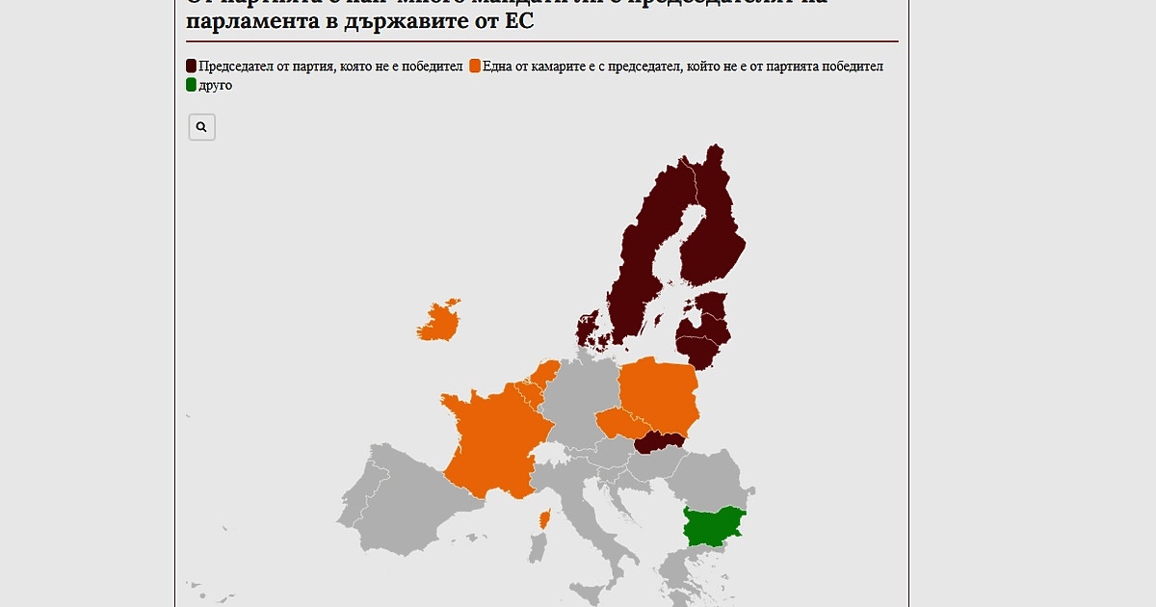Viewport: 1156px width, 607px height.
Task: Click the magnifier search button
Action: (201, 127)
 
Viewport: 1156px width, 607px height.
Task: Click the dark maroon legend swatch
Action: (192, 66)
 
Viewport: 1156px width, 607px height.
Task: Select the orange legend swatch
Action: (475, 66)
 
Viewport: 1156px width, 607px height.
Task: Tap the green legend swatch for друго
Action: (192, 85)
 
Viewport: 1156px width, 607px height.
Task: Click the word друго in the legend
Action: (216, 85)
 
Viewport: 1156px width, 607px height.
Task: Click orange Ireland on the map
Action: (439, 322)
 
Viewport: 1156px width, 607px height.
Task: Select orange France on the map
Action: (487, 438)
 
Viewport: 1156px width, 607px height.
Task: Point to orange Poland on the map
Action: (658, 394)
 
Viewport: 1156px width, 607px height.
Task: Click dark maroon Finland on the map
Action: (713, 231)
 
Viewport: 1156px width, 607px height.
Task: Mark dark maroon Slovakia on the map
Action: (660, 441)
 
